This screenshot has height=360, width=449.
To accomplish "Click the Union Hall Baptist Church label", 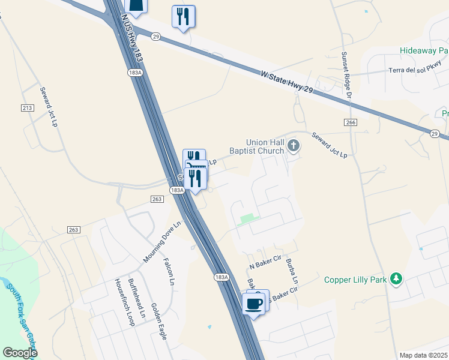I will pyautogui.click(x=264, y=146).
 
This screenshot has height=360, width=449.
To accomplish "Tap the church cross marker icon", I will pyautogui.click(x=294, y=145).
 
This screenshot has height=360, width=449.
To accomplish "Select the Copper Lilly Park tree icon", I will pyautogui.click(x=396, y=279).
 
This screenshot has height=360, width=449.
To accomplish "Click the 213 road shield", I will pyautogui.click(x=26, y=107).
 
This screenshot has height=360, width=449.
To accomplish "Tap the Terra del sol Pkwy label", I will pyautogui.click(x=414, y=69).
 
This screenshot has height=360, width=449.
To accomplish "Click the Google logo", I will pyautogui.click(x=20, y=353).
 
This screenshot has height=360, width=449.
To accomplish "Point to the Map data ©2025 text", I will pyautogui.click(x=423, y=355).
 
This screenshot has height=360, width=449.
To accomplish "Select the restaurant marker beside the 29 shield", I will pyautogui.click(x=183, y=17).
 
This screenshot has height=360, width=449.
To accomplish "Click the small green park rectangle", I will pyautogui.click(x=246, y=219).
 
